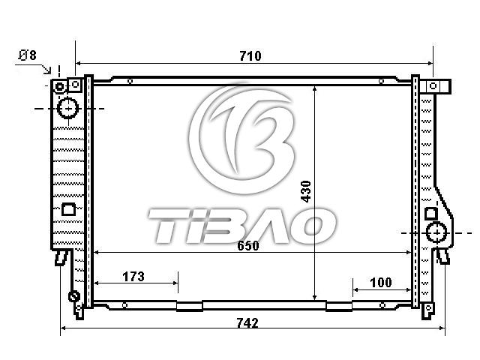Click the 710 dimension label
click(x=250, y=56)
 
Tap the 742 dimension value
click(x=247, y=323)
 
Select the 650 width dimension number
click(x=248, y=246)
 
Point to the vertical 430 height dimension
click(x=306, y=191)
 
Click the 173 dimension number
click(x=133, y=277)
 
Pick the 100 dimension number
click(x=381, y=283)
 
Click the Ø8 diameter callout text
click(x=27, y=55)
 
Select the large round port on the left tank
click(x=68, y=108)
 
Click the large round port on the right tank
click(x=436, y=232)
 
